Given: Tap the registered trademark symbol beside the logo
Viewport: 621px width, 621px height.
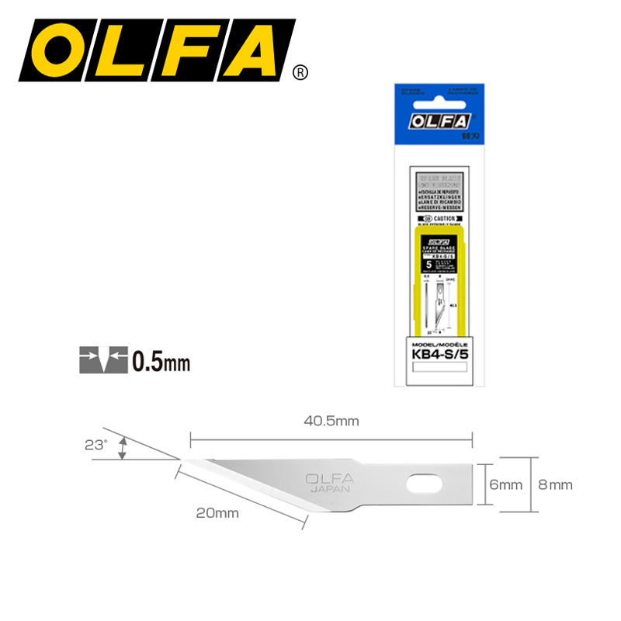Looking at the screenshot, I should [299, 73].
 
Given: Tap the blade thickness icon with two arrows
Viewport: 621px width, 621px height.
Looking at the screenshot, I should [102, 362].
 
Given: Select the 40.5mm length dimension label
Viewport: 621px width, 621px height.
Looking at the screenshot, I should [331, 422].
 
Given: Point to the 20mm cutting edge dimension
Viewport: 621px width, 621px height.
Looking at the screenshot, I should [217, 513].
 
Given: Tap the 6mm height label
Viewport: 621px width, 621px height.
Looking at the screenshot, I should [506, 485].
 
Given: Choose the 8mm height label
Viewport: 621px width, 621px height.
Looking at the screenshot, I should [555, 485].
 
